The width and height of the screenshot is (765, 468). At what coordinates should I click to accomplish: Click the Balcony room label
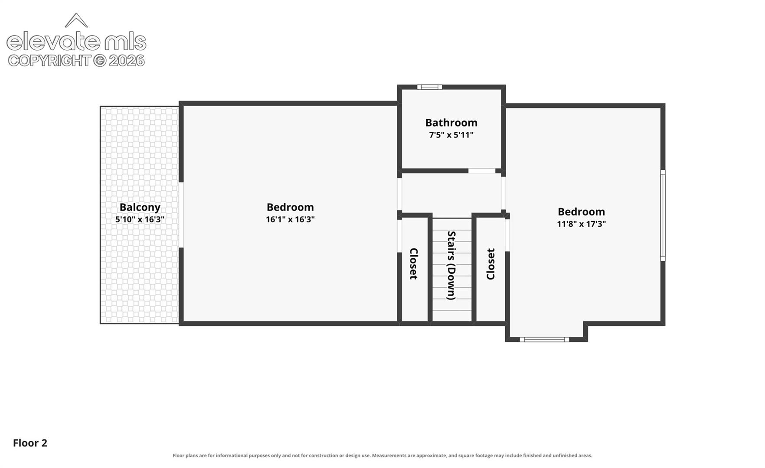tap(140, 208)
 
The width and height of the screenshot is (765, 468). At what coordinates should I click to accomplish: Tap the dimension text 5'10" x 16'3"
tap(140, 219)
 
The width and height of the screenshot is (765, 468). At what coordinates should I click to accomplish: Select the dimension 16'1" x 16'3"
tap(290, 219)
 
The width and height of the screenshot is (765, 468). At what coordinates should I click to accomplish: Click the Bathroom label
tap(451, 123)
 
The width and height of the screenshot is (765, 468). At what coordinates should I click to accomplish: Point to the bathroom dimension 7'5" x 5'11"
tap(451, 135)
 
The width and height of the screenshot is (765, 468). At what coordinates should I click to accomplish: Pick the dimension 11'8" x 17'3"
tap(581, 224)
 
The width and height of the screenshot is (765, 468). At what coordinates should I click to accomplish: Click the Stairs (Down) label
tap(451, 265)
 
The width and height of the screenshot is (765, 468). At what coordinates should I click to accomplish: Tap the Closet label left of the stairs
tap(413, 263)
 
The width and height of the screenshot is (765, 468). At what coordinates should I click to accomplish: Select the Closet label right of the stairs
tap(490, 264)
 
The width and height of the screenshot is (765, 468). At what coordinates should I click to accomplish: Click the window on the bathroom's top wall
tap(429, 87)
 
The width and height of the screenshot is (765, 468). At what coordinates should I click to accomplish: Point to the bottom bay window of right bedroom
tap(544, 340)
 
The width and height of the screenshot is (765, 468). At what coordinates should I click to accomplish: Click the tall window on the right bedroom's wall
tap(663, 215)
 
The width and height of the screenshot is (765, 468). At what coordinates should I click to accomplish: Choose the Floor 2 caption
tap(30, 443)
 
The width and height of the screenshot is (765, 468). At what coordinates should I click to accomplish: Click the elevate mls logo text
tap(76, 42)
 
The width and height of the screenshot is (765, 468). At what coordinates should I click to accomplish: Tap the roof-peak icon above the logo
tap(76, 20)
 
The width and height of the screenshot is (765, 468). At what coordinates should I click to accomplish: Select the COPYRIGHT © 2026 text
tap(76, 61)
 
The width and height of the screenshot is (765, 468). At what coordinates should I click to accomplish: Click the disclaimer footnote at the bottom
tap(382, 455)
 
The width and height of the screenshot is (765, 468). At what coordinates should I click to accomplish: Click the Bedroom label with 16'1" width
tap(290, 207)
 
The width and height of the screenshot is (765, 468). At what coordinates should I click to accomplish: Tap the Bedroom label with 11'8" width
tap(581, 212)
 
